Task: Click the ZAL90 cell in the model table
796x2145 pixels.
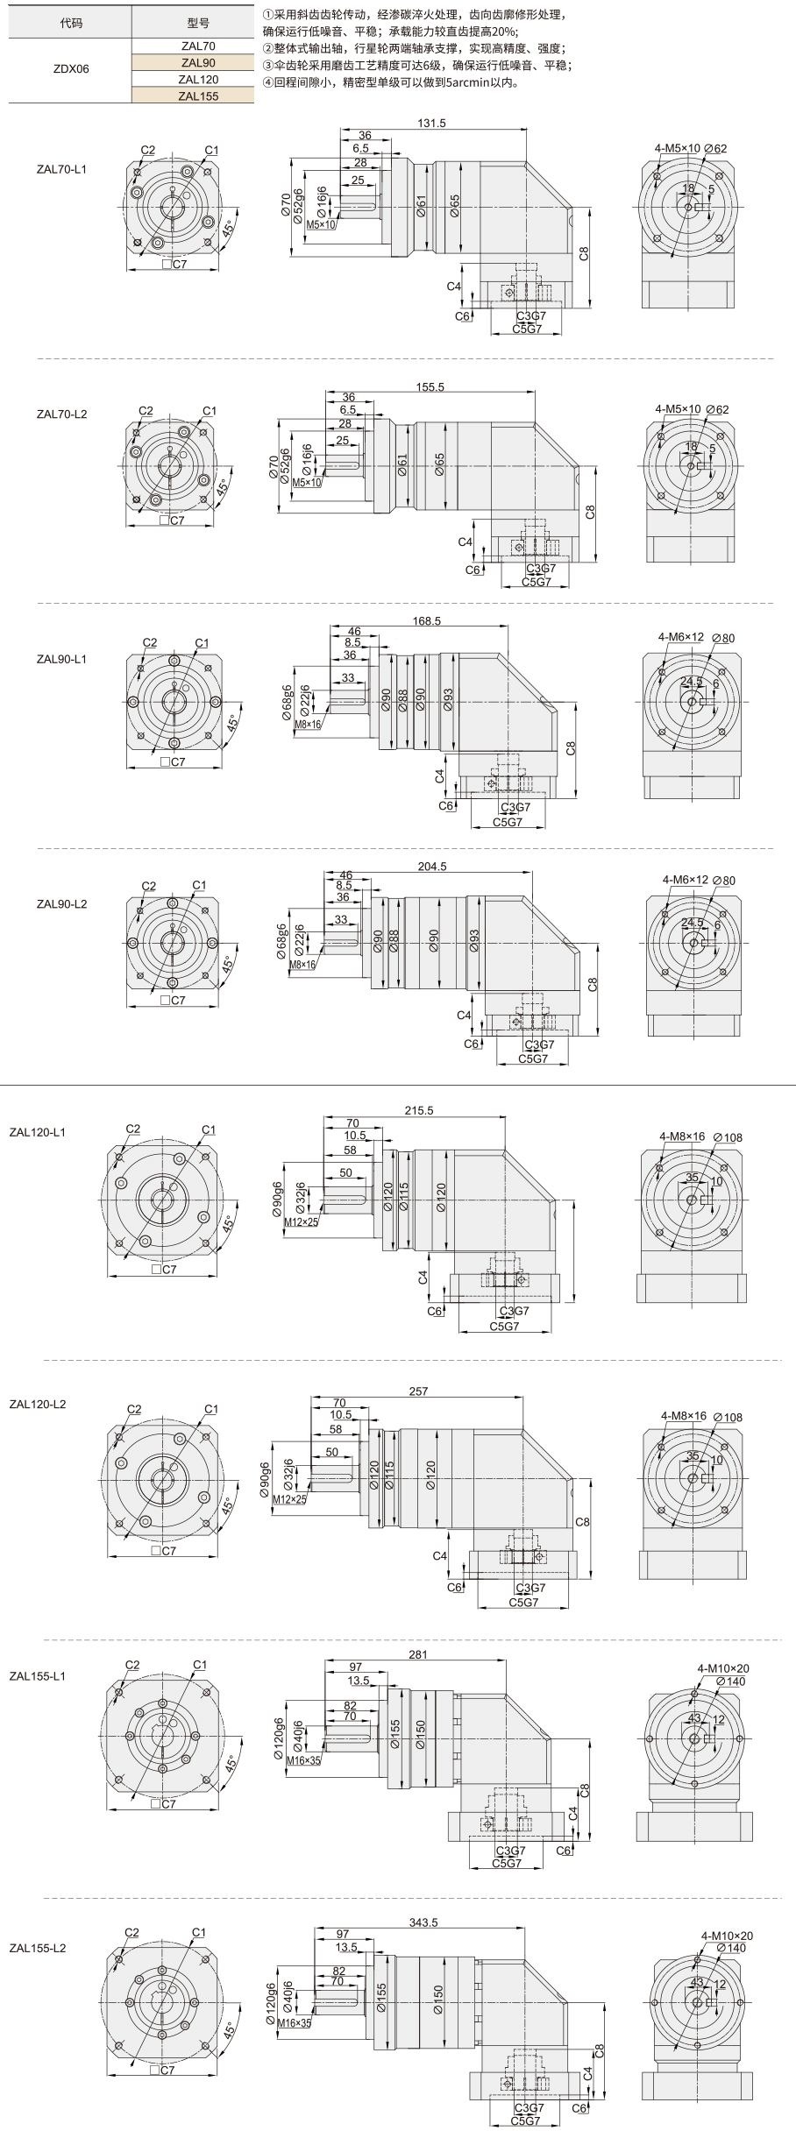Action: tap(198, 62)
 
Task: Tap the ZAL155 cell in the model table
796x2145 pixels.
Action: tap(198, 96)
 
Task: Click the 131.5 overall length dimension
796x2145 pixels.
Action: tap(432, 124)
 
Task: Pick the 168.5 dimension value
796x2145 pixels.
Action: tap(425, 620)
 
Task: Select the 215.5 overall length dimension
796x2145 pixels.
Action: tap(419, 1110)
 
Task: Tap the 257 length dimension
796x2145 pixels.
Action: tap(418, 1391)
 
